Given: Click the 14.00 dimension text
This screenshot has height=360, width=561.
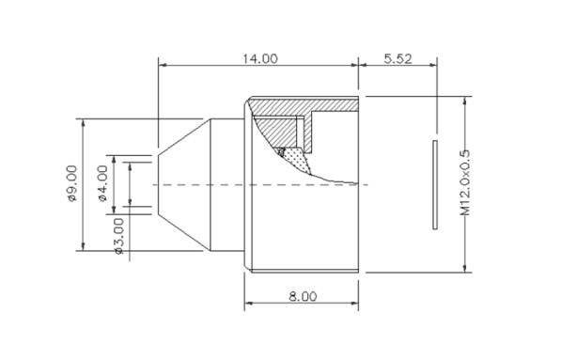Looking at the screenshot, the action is click(260, 58).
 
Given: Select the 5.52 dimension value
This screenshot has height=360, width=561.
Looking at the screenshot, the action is click(397, 58).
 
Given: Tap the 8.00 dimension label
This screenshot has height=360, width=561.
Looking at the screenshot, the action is click(303, 296).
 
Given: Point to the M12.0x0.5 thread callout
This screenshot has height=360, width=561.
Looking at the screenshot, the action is click(465, 182).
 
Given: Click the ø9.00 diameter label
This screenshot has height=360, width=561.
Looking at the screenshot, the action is click(72, 183).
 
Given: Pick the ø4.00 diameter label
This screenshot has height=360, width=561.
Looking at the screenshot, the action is click(102, 183).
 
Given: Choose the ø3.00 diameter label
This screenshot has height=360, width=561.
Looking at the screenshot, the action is click(118, 236).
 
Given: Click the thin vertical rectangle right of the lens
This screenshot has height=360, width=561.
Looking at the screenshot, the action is click(435, 184).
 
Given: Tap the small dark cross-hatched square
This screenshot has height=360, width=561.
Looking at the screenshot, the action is click(281, 151).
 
